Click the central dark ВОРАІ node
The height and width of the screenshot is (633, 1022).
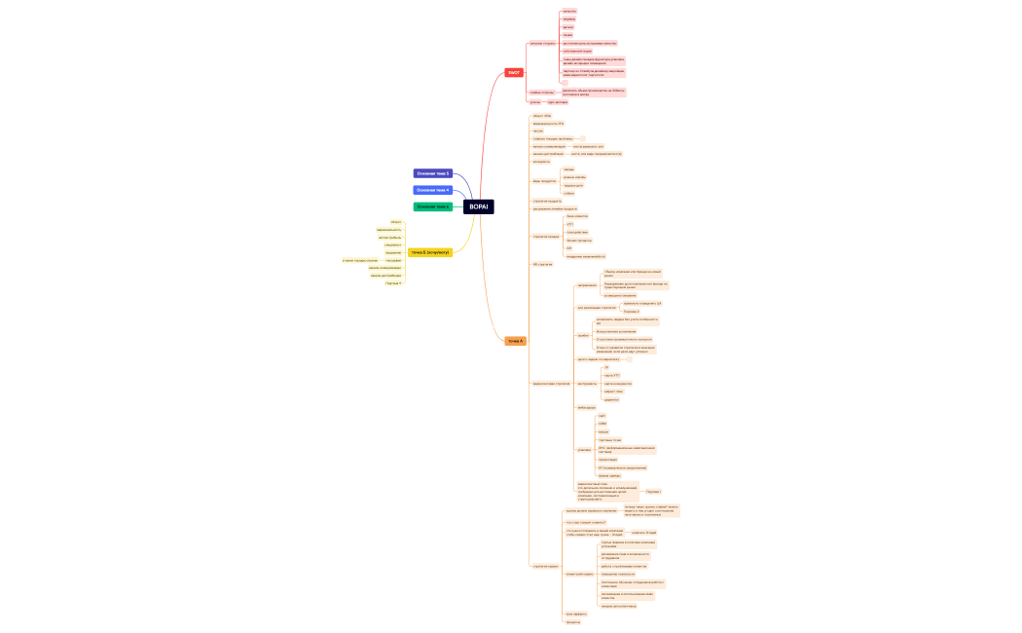(479, 206)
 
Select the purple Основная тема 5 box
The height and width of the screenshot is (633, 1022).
(433, 173)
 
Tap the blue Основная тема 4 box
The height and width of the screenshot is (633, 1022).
(433, 190)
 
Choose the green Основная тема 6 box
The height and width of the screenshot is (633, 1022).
(433, 206)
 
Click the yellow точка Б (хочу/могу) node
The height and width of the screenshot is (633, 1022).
(430, 252)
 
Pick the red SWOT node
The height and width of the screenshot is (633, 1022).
(513, 73)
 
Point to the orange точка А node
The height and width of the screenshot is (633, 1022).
(515, 341)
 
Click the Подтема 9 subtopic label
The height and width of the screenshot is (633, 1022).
(393, 282)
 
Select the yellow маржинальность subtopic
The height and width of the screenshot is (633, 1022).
(389, 230)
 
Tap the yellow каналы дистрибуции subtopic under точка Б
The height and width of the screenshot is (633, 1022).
(385, 276)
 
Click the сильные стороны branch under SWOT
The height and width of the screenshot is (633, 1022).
(542, 43)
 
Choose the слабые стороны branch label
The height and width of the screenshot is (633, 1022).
(541, 93)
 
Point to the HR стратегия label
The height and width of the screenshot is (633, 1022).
(542, 264)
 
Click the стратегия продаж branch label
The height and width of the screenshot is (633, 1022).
(545, 236)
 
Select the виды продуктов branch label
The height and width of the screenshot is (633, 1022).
(544, 181)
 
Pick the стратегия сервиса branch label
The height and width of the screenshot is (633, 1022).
(546, 566)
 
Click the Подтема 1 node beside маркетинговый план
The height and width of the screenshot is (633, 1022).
(653, 492)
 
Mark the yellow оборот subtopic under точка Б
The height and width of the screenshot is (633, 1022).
(396, 222)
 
